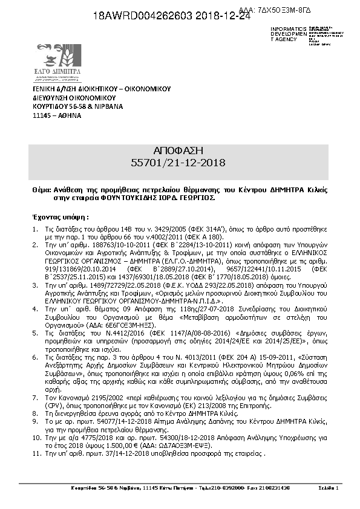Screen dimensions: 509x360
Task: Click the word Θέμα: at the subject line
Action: pos(42,190)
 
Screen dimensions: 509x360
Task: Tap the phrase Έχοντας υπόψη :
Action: pos(60,216)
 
